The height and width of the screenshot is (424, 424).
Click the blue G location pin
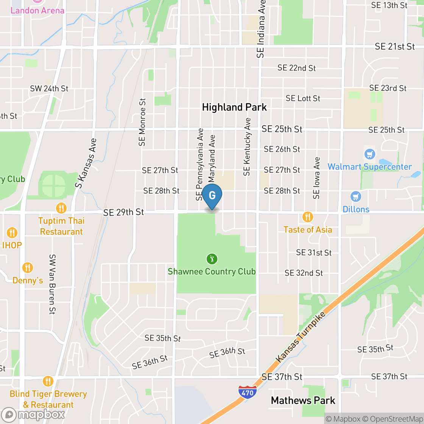click(x=212, y=196)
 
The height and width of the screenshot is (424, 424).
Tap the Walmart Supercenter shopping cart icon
click(x=369, y=154)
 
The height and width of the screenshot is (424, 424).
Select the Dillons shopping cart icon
click(x=355, y=196)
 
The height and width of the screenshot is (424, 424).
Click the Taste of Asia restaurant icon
click(x=308, y=217)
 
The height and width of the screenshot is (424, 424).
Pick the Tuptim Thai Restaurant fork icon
click(x=61, y=208)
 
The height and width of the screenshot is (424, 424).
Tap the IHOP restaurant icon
click(x=12, y=232)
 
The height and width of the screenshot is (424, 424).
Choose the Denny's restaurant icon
click(x=27, y=268)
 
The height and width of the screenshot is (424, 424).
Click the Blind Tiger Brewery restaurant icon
click(x=48, y=381)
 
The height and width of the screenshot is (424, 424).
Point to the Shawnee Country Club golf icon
click(x=212, y=259)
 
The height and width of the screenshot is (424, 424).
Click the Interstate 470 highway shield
click(x=248, y=391)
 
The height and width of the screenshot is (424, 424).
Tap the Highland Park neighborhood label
click(x=234, y=107)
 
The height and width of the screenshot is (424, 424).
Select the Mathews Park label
click(x=303, y=400)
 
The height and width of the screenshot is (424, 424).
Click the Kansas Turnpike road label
click(x=301, y=337)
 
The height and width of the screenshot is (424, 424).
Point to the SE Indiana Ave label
click(x=261, y=29)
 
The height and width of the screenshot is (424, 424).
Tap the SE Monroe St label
click(x=142, y=122)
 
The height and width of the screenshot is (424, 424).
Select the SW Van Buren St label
click(x=52, y=284)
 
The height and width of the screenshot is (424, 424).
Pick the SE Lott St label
click(x=303, y=98)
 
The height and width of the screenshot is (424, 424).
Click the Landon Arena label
click(x=37, y=10)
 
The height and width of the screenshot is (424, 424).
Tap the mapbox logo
click(x=33, y=415)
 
